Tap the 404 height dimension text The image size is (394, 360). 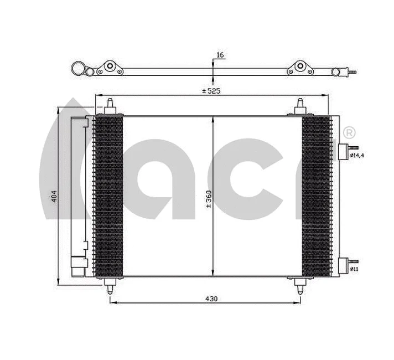[x=54, y=197]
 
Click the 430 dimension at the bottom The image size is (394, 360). [x=211, y=299]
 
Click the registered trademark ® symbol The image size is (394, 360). [x=349, y=133]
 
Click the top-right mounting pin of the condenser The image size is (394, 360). [x=300, y=106]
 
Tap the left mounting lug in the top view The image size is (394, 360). [x=110, y=68]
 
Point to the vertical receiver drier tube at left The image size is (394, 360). [x=79, y=194]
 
